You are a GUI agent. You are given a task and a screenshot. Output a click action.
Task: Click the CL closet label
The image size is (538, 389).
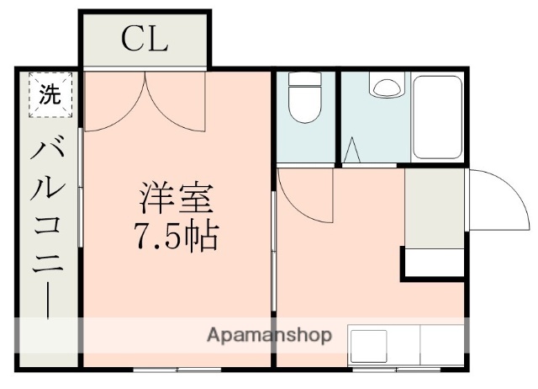[x=145, y=38]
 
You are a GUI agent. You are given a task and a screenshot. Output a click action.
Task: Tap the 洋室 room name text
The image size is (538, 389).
[x=176, y=200]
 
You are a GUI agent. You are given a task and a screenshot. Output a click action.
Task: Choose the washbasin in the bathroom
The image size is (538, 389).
[x=388, y=87]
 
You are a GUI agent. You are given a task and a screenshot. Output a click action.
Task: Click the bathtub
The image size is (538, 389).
[x=437, y=116]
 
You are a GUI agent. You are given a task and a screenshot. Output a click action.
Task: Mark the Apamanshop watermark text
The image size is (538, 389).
[x=269, y=335]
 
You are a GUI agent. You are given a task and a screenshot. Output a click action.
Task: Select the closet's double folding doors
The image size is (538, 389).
[x=145, y=101]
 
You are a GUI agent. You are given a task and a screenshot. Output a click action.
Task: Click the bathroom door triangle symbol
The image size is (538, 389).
[x=353, y=152]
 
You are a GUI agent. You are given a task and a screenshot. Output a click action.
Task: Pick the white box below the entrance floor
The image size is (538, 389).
[x=435, y=262]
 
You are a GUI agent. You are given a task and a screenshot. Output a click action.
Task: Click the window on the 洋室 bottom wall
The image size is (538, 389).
[x=177, y=369]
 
